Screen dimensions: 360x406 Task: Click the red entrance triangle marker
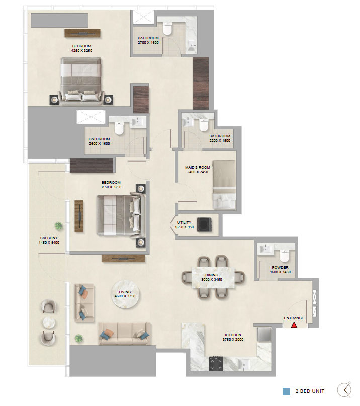point(294,324)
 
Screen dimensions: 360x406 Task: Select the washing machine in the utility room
point(204,224)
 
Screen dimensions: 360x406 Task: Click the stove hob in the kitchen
point(216,364)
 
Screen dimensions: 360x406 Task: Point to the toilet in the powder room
point(284,255)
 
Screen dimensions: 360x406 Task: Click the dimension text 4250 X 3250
point(81,51)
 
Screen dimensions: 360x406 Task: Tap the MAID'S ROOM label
point(198,167)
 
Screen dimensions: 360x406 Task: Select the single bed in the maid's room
point(224,185)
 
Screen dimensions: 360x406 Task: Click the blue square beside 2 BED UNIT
point(286,391)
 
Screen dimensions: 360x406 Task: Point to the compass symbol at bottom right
point(344,389)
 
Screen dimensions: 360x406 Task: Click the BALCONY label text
point(49,238)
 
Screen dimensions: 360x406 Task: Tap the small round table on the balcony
point(49,322)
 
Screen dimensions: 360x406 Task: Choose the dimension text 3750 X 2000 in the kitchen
point(233,340)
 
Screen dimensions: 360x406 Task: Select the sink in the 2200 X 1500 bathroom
point(187,122)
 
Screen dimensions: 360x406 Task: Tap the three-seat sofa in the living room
point(125,334)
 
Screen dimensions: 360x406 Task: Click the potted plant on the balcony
point(59,226)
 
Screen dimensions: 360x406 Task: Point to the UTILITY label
point(184,223)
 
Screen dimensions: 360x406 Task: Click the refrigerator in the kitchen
point(264,334)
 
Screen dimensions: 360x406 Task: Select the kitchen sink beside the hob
point(244,364)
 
